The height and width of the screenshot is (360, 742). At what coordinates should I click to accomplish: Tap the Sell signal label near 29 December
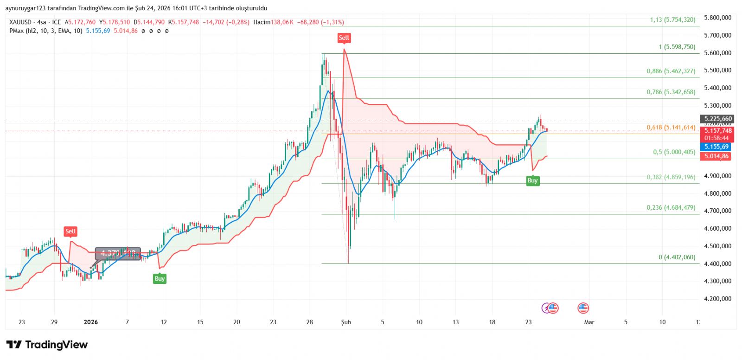coord(70,231)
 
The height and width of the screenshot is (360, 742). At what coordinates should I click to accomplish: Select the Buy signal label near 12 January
coord(160,278)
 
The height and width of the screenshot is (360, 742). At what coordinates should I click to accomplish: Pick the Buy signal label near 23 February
coord(532,180)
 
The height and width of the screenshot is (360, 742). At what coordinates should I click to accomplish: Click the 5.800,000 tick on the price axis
coord(717,18)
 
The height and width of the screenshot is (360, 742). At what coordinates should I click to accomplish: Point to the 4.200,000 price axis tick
coord(717,299)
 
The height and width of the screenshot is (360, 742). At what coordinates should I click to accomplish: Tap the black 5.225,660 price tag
coord(718,119)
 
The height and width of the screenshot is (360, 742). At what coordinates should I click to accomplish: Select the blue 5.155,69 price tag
coord(716,147)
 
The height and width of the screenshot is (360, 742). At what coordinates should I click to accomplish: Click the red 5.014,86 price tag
coord(716,156)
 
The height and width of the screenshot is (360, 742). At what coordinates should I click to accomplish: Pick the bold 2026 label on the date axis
coord(91,322)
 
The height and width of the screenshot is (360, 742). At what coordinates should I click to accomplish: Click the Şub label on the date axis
coord(346,322)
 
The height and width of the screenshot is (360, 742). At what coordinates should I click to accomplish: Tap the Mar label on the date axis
coord(589,322)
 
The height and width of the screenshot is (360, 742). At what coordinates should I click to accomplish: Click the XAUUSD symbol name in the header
coord(20,22)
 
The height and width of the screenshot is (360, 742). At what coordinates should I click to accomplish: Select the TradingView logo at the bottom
coord(47,345)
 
